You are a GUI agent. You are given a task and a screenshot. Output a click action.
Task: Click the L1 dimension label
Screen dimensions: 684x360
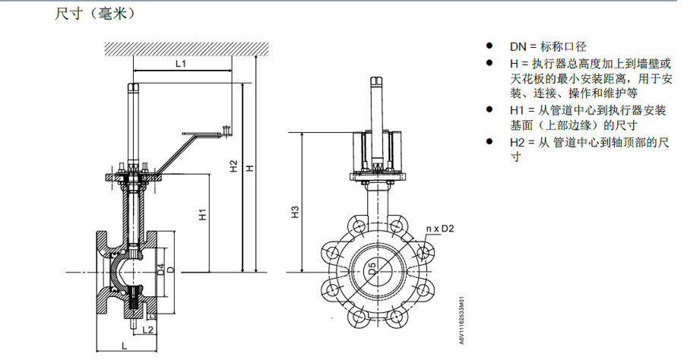click(x=181, y=64)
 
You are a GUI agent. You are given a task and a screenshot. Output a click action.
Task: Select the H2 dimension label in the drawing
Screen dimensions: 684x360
click(x=234, y=166)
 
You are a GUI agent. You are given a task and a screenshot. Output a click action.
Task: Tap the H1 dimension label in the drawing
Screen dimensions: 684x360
click(x=203, y=214)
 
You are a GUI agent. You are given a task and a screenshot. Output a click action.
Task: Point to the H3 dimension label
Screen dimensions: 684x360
click(x=296, y=212)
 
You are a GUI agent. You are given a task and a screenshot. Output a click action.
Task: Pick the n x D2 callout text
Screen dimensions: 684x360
click(x=440, y=229)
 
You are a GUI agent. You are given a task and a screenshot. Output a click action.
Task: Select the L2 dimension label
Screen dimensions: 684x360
click(x=148, y=330)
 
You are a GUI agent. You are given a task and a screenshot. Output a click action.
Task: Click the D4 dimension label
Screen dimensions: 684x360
click(x=161, y=270)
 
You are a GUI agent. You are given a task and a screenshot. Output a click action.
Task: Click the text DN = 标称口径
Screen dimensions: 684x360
click(x=548, y=46)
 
